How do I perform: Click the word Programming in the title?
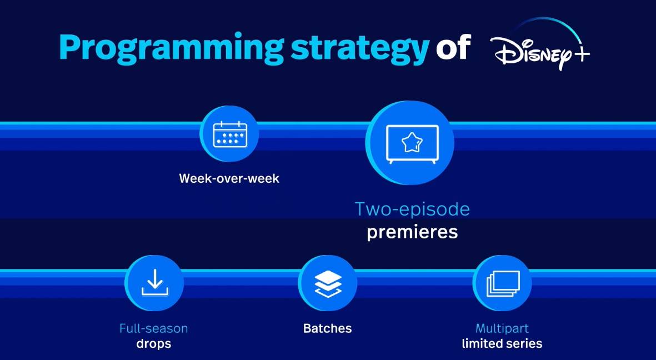pos(172,48)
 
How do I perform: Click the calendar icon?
pos(230,134)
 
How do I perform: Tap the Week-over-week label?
pos(229,178)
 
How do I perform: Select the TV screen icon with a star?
pos(412,144)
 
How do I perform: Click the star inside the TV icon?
pos(412,142)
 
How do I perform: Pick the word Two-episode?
pos(412,209)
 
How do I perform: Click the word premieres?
pos(412,232)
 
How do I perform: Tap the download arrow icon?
pos(154,282)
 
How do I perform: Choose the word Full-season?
pos(153,328)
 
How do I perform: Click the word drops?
pos(153,344)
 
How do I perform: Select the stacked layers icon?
pos(328,283)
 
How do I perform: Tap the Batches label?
pos(328,328)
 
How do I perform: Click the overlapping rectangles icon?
pos(503,283)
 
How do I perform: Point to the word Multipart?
pos(502,328)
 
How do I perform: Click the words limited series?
pos(502,344)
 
